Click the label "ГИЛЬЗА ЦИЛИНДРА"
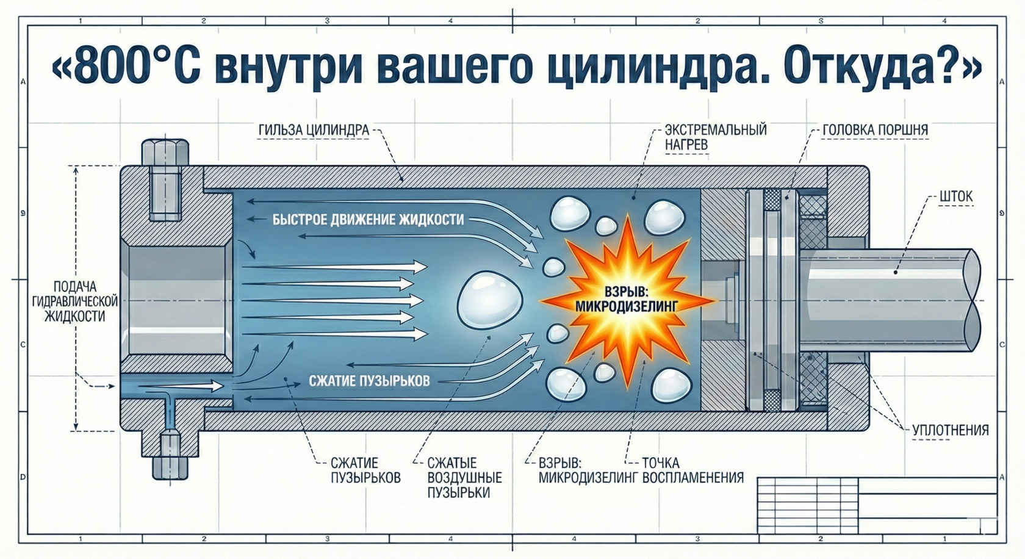point(314,130)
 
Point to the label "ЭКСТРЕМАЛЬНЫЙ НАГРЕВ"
point(715,137)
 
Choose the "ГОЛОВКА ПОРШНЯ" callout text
point(875,130)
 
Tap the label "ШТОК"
point(956,197)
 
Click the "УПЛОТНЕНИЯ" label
point(950,430)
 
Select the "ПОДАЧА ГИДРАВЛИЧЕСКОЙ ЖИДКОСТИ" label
point(75,301)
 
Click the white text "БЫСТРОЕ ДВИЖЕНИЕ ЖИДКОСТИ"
point(368,220)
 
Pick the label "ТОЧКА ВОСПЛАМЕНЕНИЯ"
point(692,470)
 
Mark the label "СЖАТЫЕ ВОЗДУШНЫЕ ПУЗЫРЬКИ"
point(464,477)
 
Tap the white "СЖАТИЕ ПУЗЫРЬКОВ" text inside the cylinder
point(369,381)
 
